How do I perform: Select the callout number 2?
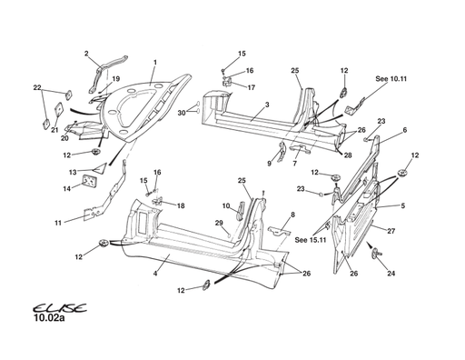click(86, 53)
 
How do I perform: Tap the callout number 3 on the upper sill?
click(266, 105)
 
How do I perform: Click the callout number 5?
click(404, 205)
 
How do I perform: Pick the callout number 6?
click(404, 130)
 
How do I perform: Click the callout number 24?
click(391, 273)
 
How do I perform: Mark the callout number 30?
click(181, 113)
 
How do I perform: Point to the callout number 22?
click(37, 87)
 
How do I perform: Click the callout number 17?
click(252, 87)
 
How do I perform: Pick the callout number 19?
click(115, 79)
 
